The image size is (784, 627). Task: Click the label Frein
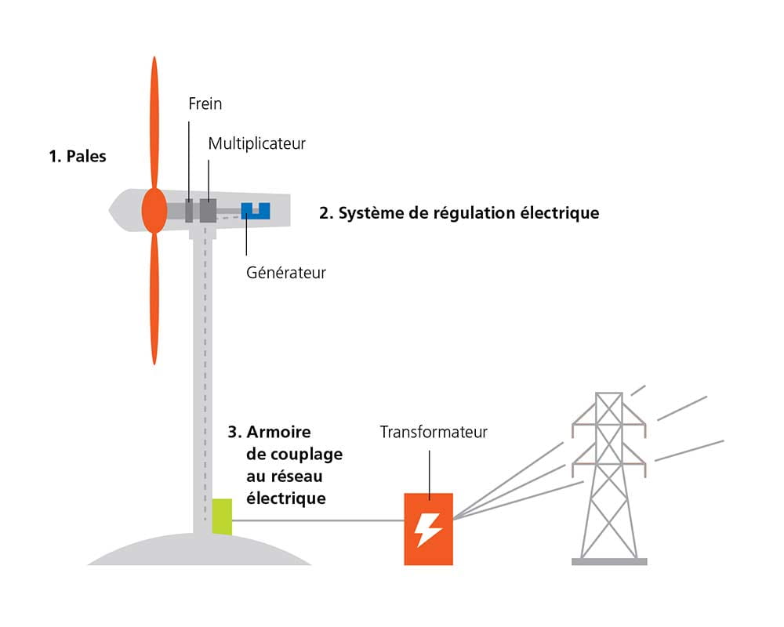(205, 103)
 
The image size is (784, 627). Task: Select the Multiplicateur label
(256, 144)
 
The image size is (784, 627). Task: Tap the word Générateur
(286, 273)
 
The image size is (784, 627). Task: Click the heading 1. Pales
(77, 156)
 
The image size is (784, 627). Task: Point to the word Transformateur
(434, 432)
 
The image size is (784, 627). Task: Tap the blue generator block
(255, 210)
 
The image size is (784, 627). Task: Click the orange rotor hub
(154, 210)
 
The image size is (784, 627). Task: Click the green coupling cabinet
(223, 516)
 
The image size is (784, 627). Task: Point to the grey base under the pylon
(609, 561)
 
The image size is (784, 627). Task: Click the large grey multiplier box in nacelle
(208, 210)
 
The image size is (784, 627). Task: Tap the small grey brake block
(189, 210)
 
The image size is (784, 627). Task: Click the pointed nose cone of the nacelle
(118, 209)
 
